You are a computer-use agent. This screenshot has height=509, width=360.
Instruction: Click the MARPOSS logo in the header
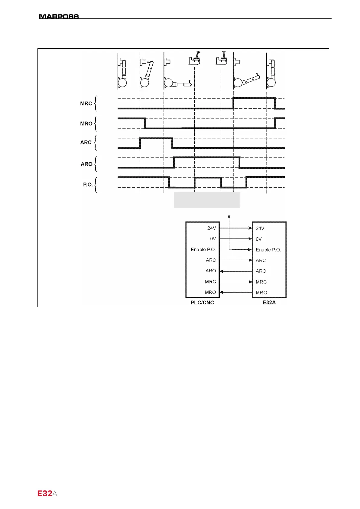coord(59,16)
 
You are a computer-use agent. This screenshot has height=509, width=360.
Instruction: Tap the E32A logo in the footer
coord(47,494)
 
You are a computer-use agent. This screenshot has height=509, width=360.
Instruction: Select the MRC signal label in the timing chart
coord(86,103)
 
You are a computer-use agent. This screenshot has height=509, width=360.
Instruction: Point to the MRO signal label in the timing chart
coord(86,124)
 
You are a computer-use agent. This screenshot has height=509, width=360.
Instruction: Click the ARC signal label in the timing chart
coord(86,142)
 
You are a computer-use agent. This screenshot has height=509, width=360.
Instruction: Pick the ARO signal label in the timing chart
coord(86,164)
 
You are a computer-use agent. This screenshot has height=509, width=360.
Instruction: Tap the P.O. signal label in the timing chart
coord(88,184)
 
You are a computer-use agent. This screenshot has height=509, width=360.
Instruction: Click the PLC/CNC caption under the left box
coord(202,303)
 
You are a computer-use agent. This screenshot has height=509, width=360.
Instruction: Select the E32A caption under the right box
coord(269,303)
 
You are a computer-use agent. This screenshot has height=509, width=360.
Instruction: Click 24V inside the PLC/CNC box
coord(212,228)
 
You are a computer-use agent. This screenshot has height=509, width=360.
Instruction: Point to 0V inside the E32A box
coord(259,239)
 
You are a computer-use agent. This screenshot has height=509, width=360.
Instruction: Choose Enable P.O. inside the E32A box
coord(268,250)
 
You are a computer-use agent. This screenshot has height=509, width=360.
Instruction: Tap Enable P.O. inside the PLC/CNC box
coord(203,250)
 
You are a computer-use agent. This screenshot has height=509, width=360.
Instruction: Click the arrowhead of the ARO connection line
coord(221,271)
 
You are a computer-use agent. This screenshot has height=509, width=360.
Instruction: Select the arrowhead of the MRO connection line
coord(221,292)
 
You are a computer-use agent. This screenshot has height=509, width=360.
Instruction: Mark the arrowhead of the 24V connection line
coord(250,228)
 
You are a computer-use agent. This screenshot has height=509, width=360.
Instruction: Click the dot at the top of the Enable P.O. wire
coord(229,216)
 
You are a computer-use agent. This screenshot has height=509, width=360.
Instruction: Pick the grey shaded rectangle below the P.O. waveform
coord(207,199)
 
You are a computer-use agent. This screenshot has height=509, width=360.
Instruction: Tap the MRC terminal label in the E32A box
coord(261,282)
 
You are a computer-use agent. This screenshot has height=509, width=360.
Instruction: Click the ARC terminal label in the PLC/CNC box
coord(211,260)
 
